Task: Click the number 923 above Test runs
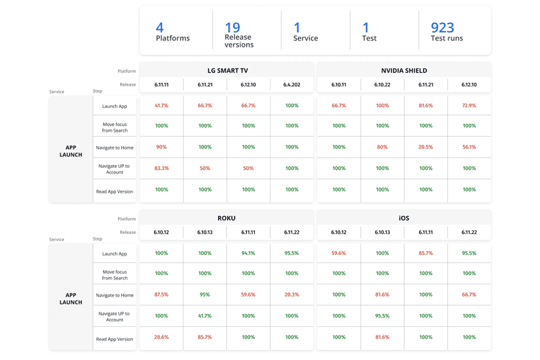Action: [442, 27]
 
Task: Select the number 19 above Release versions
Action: [232, 27]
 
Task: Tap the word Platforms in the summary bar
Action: [173, 38]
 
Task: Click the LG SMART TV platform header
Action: [228, 71]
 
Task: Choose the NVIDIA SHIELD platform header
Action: [404, 71]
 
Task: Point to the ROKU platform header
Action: [227, 218]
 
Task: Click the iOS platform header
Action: [404, 218]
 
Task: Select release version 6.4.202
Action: [292, 85]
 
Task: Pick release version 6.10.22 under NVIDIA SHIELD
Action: [382, 85]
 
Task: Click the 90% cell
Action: [161, 147]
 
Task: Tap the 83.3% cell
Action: [161, 168]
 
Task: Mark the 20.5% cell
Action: [426, 147]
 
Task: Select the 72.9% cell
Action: [469, 106]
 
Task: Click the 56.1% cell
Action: [469, 147]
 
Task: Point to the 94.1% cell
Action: [248, 253]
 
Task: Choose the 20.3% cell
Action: [292, 294]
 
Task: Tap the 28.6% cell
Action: [161, 337]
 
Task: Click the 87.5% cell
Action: [161, 294]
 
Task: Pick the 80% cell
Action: [382, 147]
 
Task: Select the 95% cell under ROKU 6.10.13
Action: [205, 294]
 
